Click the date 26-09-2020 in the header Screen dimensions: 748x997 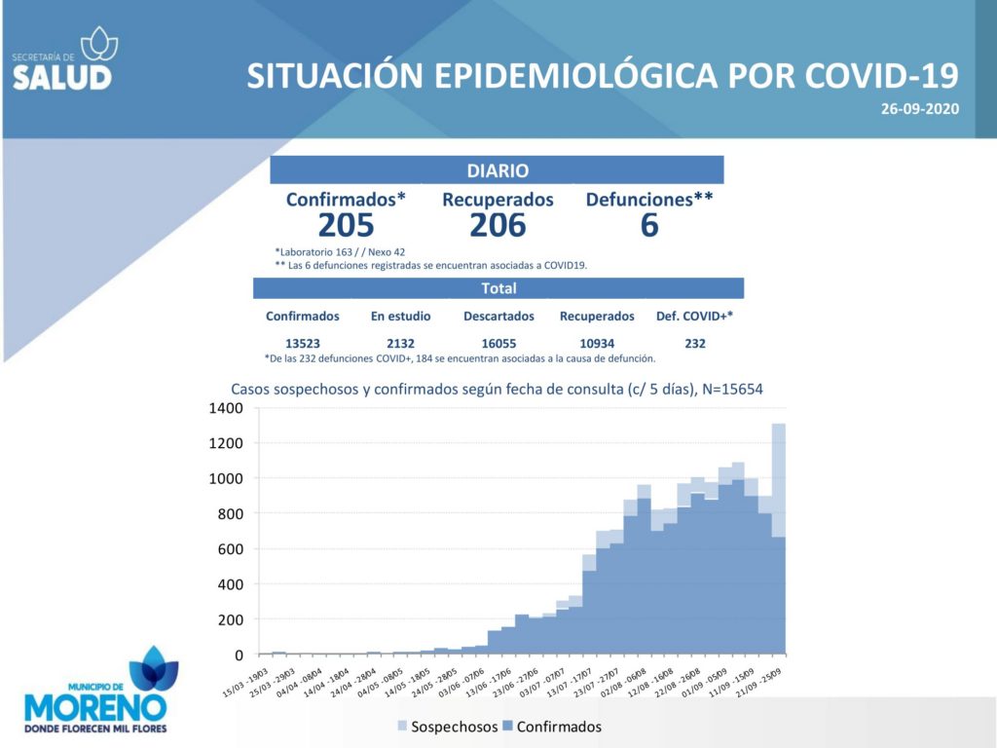pos(919,109)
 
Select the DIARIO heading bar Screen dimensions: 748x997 pos(497,170)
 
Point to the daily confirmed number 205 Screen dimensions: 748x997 pos(346,225)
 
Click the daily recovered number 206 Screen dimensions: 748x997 pos(498,225)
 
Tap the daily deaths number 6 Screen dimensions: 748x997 pos(649,225)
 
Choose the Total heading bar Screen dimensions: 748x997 pos(498,288)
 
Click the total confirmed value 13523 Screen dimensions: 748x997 pos(303,343)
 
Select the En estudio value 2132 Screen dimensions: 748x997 pos(400,343)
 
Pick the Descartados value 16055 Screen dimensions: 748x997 pos(498,343)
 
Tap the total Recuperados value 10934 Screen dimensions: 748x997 pos(597,343)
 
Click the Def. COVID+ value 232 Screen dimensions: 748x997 pos(695,343)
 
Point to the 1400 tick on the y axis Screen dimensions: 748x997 pos(224,408)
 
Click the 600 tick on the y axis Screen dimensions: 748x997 pos(230,549)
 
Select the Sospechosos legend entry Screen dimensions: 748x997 pos(447,727)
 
